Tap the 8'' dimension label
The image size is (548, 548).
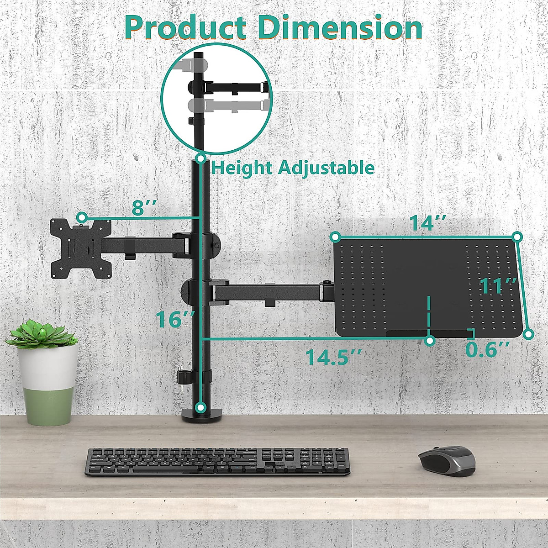[144, 208]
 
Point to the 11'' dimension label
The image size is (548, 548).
[498, 287]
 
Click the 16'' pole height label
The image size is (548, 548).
[175, 319]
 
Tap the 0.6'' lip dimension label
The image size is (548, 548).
[488, 350]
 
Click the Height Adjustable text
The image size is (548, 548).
[293, 168]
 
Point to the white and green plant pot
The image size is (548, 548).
[47, 384]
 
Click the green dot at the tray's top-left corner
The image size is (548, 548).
[335, 237]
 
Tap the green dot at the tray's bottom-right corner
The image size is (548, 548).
[528, 334]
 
